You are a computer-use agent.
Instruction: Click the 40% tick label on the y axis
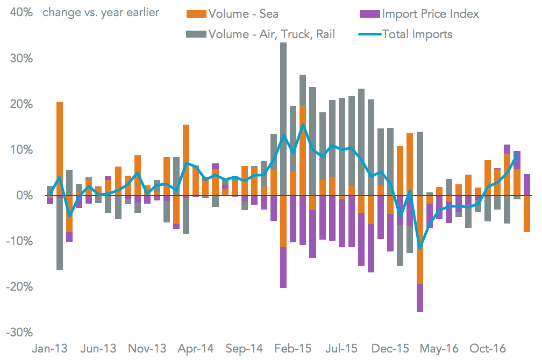(21, 12)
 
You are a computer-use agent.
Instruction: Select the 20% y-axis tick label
(21, 104)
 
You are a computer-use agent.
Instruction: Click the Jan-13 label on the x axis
(50, 349)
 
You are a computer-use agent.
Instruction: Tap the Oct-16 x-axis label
(488, 349)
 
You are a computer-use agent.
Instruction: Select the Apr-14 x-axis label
(196, 349)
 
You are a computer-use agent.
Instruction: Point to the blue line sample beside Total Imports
(369, 34)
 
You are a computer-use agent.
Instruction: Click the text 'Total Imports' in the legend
(417, 34)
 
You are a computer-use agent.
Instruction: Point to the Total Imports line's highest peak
(303, 125)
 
